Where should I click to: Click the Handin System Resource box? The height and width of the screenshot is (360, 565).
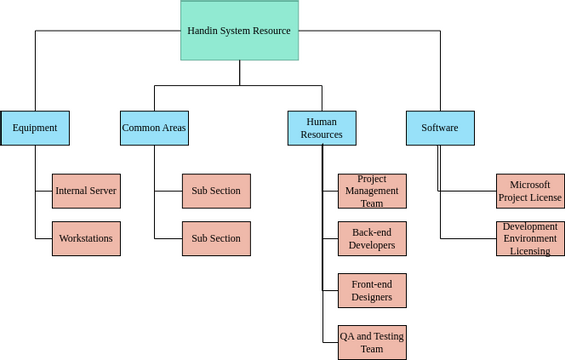pyautogui.click(x=239, y=30)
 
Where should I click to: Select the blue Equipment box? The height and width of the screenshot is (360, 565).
pyautogui.click(x=35, y=128)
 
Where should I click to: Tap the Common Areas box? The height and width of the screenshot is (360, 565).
pyautogui.click(x=154, y=128)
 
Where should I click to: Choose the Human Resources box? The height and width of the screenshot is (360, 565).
pyautogui.click(x=321, y=128)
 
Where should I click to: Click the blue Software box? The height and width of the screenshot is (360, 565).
pyautogui.click(x=440, y=128)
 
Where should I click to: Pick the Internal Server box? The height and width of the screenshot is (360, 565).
pyautogui.click(x=86, y=190)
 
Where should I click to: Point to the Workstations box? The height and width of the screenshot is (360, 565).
pyautogui.click(x=86, y=239)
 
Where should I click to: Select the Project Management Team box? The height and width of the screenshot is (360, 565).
pyautogui.click(x=372, y=190)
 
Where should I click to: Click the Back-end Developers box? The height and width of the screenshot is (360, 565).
pyautogui.click(x=372, y=239)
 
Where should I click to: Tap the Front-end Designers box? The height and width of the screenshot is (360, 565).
pyautogui.click(x=372, y=290)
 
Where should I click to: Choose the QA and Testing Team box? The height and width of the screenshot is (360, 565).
pyautogui.click(x=372, y=342)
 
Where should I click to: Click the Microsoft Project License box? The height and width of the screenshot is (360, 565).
pyautogui.click(x=530, y=191)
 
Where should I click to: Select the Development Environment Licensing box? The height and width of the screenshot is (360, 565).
pyautogui.click(x=530, y=239)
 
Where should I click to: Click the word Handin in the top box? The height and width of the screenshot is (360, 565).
pyautogui.click(x=203, y=31)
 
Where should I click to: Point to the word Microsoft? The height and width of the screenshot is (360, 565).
pyautogui.click(x=530, y=185)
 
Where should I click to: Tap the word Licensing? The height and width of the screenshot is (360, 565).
pyautogui.click(x=530, y=251)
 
